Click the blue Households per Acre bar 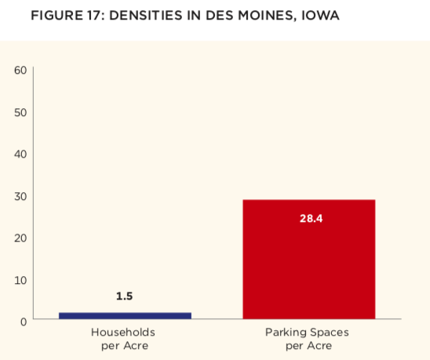(125, 315)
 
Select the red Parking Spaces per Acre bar (309, 259)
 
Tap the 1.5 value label (125, 296)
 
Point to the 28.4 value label (311, 219)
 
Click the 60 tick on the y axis (20, 70)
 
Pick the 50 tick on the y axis (20, 112)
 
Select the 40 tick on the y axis (20, 154)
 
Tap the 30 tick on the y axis (20, 196)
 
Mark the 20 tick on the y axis (20, 238)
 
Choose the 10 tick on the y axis (20, 280)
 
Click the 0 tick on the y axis (24, 322)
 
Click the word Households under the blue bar (123, 333)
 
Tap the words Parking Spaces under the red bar (307, 333)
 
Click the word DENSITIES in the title (146, 16)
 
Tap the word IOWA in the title (320, 16)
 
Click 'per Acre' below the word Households (125, 346)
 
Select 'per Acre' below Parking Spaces (309, 346)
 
